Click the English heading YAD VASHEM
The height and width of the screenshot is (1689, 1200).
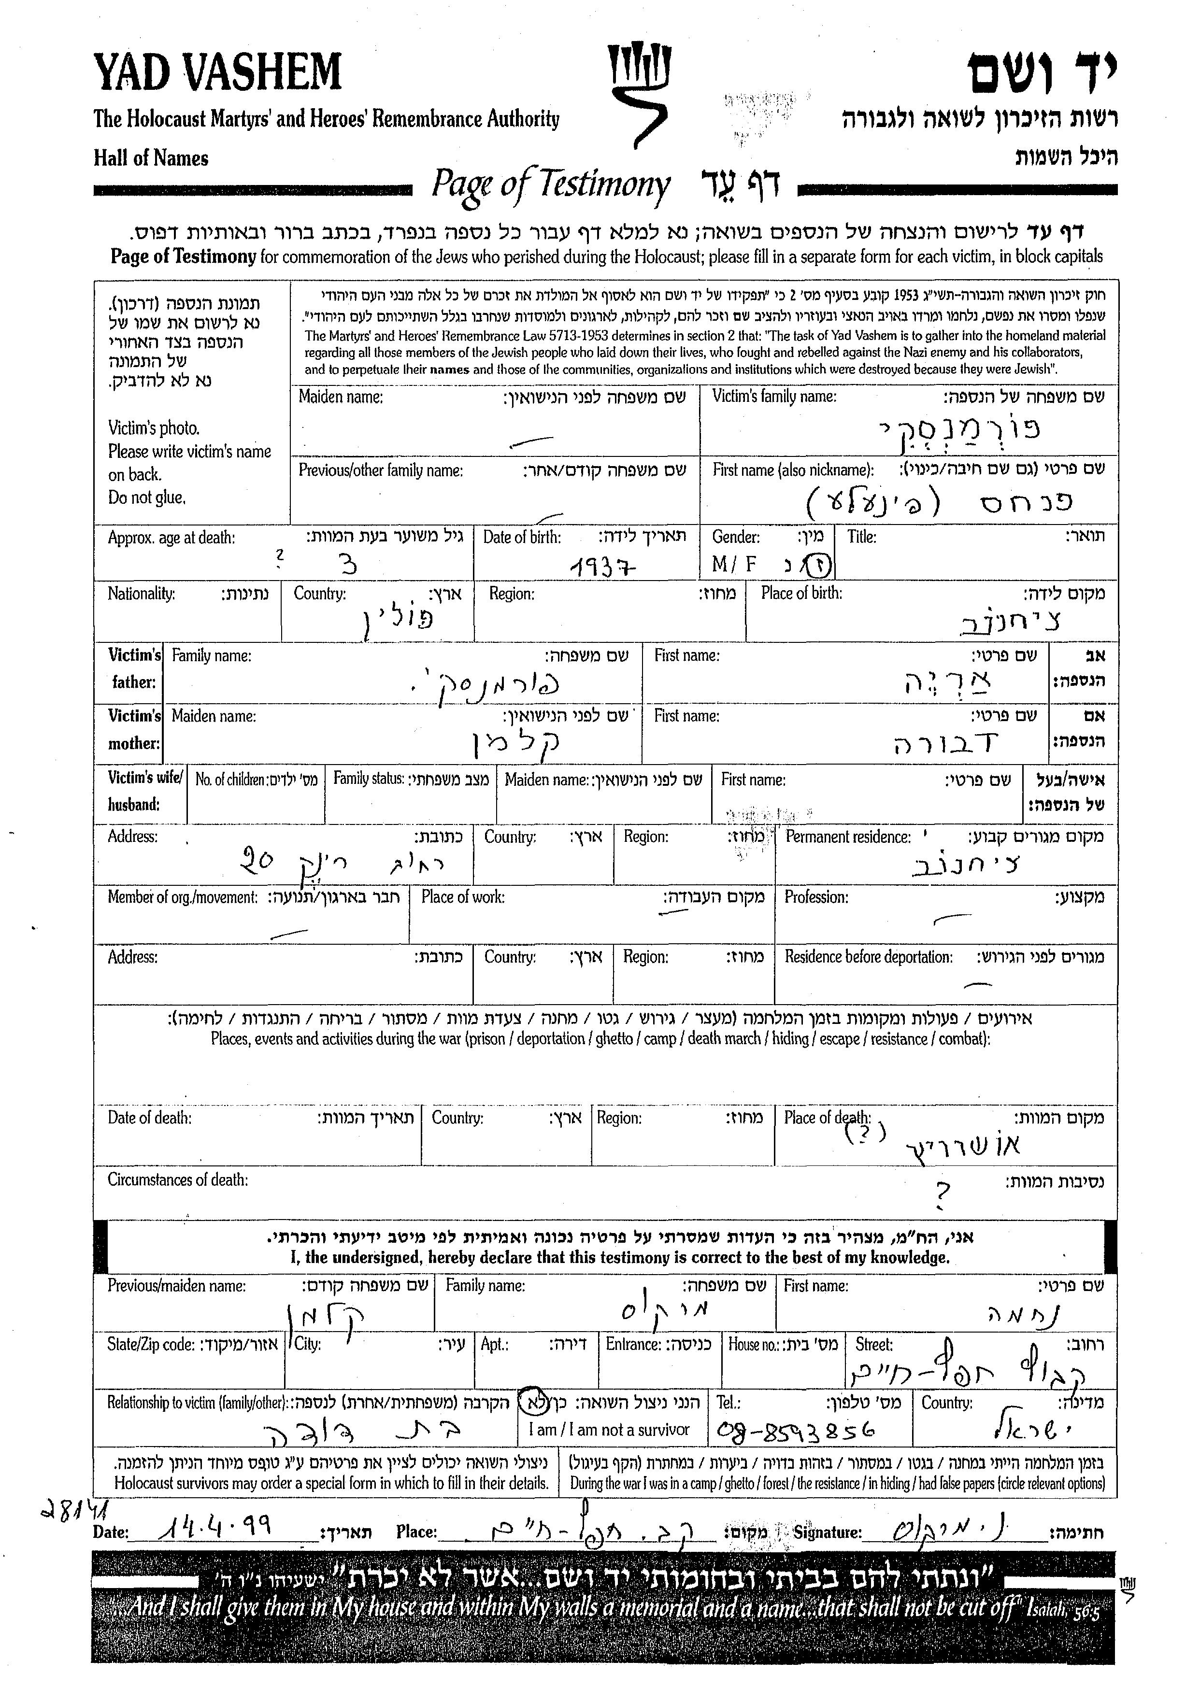pyautogui.click(x=218, y=72)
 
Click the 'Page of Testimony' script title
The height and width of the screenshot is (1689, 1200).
pyautogui.click(x=551, y=185)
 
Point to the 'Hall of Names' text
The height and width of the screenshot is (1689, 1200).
pyautogui.click(x=151, y=158)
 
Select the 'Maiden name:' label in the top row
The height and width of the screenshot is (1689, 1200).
pyautogui.click(x=341, y=397)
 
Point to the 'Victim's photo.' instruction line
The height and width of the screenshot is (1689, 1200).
pyautogui.click(x=154, y=428)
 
